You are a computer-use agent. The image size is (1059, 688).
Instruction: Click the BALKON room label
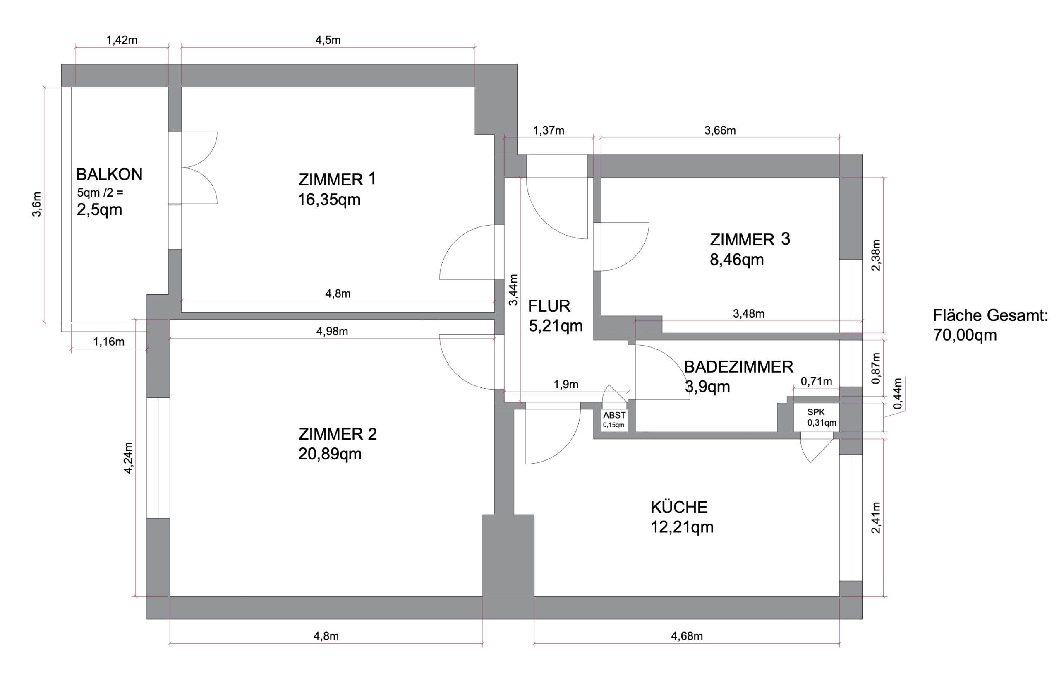tap(110, 175)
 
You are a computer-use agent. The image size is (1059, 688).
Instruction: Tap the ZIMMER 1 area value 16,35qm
tap(329, 200)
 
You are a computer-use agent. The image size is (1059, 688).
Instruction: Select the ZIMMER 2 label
tap(338, 434)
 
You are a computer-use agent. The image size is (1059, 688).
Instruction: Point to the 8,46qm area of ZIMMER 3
tap(737, 260)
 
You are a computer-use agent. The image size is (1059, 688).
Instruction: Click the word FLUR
tap(549, 306)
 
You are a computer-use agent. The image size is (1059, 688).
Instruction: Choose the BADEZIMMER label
tap(739, 367)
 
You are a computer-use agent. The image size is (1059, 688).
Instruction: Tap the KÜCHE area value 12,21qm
tap(682, 527)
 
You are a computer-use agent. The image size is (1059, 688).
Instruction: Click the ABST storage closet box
tap(614, 420)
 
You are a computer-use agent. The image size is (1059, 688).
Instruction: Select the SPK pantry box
tap(817, 418)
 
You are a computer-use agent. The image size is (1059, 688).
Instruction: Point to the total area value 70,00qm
tap(965, 335)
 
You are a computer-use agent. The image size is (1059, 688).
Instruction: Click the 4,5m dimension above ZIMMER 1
tap(328, 40)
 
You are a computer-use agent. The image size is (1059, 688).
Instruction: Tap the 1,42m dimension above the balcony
tap(122, 40)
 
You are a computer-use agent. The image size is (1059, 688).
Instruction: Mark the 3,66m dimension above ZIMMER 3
tap(720, 130)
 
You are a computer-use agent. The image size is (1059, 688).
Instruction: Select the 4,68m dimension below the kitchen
tap(687, 636)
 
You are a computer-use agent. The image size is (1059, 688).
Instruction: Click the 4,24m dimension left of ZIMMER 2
tap(128, 458)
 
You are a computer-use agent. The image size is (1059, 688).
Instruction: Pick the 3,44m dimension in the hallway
tap(513, 290)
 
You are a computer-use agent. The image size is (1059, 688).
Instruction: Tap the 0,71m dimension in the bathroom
tap(817, 381)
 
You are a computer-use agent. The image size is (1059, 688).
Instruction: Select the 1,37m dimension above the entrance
tap(549, 130)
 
